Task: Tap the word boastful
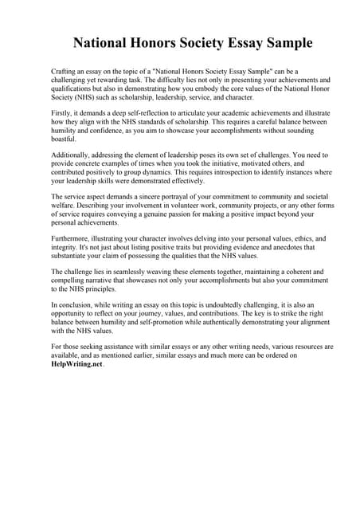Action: (x=65, y=139)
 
